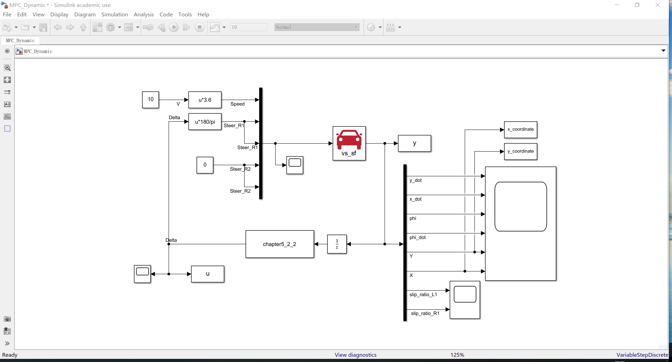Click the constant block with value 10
150,100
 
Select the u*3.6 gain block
205,100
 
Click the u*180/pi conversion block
205,122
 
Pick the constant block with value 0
205,165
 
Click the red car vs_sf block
349,143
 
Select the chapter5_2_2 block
279,244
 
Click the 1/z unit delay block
337,244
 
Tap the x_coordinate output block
520,130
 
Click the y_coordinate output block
520,151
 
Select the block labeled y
414,143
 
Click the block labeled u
208,274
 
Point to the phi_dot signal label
417,238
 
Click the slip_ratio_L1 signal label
423,295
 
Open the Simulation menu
115,14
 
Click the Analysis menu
144,14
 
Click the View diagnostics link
355,355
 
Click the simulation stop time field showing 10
248,27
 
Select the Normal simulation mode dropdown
316,27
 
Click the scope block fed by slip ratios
465,300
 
